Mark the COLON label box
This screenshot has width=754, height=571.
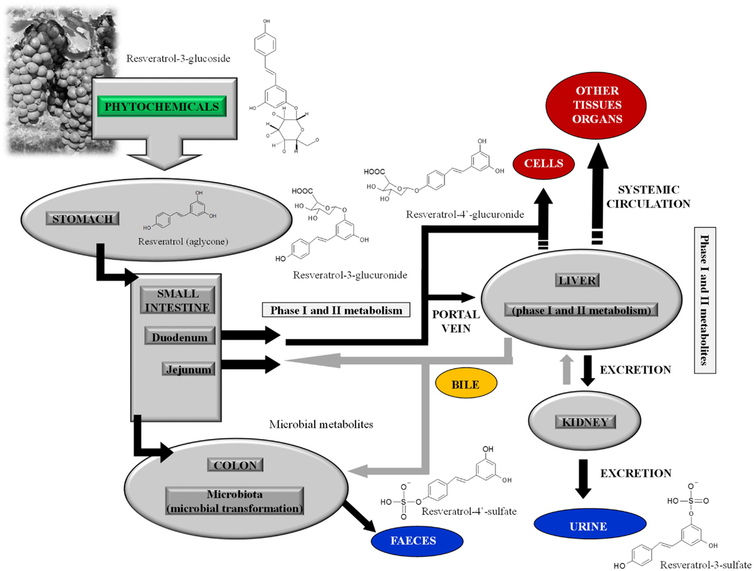tap(235, 465)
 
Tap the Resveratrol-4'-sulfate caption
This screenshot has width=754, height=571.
tap(469, 511)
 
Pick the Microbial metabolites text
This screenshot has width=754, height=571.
tap(321, 424)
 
